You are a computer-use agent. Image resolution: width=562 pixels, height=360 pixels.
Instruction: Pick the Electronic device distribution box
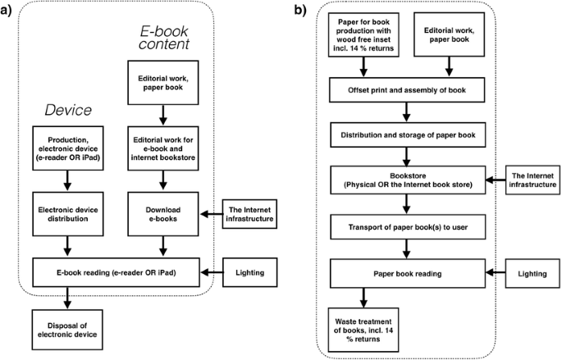click(69, 214)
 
